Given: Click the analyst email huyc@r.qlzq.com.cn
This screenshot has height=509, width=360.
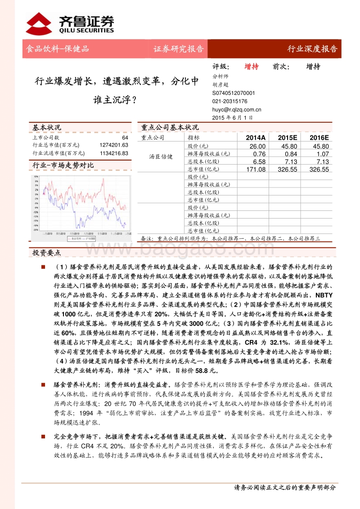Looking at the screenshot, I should click(x=236, y=109).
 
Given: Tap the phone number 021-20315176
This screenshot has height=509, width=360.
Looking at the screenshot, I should click(x=229, y=101).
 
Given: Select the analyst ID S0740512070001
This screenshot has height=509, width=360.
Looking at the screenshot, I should click(x=233, y=93).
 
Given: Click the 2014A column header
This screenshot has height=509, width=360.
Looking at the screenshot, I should click(x=256, y=138).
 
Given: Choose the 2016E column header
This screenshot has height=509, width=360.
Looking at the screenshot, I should click(x=319, y=138).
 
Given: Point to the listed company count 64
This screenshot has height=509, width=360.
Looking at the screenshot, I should click(x=125, y=138).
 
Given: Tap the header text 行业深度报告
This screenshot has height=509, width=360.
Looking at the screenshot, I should click(x=312, y=49).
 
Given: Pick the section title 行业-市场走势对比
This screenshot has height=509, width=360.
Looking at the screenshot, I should click(x=63, y=165).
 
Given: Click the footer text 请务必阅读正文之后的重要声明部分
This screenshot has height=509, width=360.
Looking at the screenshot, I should click(x=285, y=487).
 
